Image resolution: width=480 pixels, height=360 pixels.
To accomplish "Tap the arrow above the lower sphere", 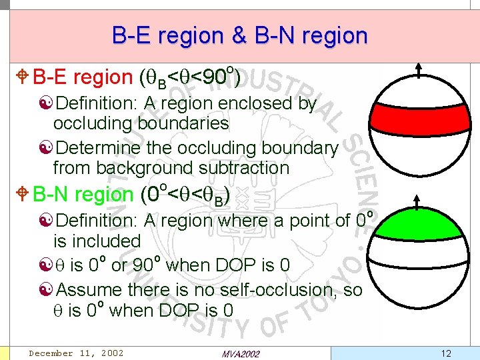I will coord(419,201).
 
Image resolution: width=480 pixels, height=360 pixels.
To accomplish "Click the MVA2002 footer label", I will coord(240,353).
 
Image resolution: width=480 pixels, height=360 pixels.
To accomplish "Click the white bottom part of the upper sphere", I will coord(419,150).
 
